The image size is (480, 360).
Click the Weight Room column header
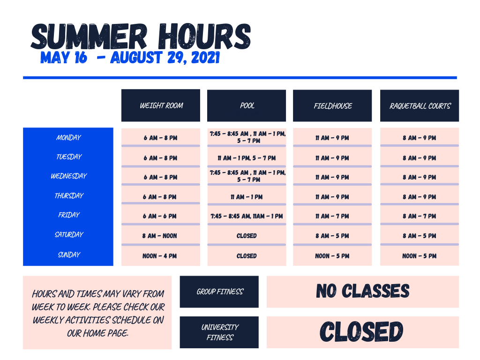161,105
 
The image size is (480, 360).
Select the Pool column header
247,105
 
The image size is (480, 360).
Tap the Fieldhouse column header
332,106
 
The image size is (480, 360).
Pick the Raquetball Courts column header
420,106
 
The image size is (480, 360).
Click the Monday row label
68,138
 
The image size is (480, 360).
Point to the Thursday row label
68,196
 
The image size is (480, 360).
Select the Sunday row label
68,255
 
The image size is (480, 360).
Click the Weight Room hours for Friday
160,216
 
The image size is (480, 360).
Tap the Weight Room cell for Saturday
160,236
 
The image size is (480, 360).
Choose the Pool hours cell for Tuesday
247,158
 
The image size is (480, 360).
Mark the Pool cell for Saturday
247,236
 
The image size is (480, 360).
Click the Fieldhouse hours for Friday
332,216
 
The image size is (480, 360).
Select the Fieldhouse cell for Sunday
332,256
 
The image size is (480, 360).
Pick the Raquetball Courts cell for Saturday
420,236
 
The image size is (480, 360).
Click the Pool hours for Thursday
247,197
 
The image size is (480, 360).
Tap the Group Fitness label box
219,292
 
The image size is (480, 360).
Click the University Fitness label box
219,332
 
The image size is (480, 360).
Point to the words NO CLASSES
363,292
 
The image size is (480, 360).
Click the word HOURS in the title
204,37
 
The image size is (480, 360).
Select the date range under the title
130,58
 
